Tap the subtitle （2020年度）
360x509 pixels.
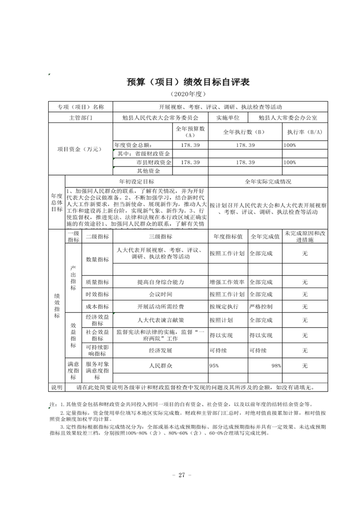point(188,94)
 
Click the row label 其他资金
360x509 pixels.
point(148,171)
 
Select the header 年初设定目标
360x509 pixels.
point(137,181)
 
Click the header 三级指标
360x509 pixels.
point(160,236)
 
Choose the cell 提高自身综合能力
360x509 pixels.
point(160,282)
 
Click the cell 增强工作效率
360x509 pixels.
point(227,282)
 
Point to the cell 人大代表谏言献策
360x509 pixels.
point(160,320)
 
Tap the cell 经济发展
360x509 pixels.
point(160,351)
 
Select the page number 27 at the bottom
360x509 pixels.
point(180,475)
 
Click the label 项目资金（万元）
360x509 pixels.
point(80,149)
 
